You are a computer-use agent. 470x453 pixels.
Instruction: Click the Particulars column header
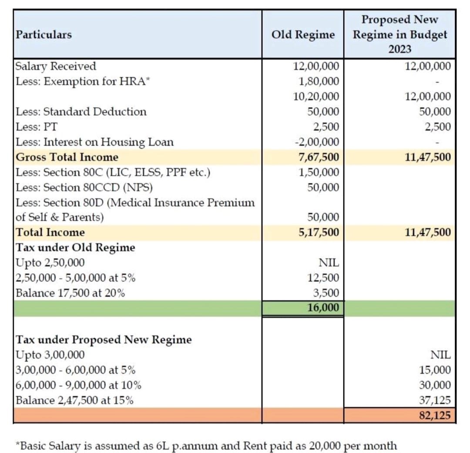click(44, 34)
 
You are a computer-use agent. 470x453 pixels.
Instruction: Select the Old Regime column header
click(303, 34)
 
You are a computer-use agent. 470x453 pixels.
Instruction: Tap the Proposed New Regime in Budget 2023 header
click(399, 34)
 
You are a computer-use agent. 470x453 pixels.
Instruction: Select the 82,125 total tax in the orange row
click(435, 415)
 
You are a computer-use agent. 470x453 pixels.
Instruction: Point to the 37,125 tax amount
click(436, 400)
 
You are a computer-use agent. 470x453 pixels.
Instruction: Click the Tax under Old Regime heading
click(75, 248)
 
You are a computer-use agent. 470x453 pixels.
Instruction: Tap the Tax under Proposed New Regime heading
click(104, 339)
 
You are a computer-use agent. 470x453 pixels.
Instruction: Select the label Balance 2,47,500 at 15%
click(74, 400)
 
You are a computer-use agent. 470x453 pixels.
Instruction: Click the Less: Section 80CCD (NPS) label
click(84, 188)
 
